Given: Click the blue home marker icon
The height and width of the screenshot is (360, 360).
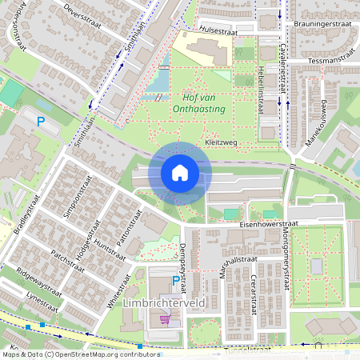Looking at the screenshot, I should [x=180, y=173].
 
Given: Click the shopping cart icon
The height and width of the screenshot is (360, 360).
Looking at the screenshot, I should [x=165, y=318].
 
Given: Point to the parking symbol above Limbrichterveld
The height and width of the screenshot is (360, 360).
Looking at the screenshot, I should [x=176, y=281].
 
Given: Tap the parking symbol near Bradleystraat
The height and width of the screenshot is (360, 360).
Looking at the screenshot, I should [x=40, y=122].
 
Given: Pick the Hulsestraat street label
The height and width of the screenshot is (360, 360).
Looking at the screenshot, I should [x=219, y=32].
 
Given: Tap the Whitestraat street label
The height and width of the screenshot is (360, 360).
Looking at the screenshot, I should [x=118, y=292].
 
